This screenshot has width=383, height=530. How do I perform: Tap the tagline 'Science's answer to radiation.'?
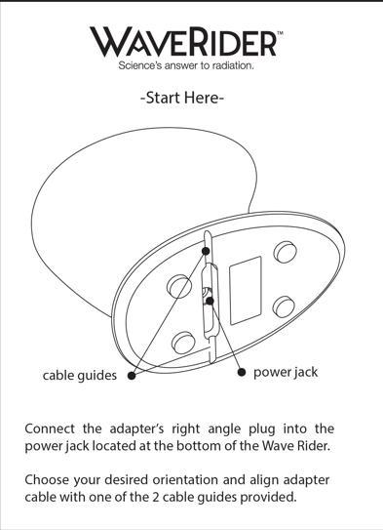(x=186, y=67)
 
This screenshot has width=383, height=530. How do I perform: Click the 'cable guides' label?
(x=79, y=375)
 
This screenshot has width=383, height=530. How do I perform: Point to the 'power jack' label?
(x=286, y=373)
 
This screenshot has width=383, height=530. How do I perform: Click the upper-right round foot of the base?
(x=285, y=252)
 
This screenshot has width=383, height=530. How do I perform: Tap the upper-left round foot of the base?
(x=180, y=286)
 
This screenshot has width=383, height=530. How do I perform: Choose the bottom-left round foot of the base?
(x=182, y=343)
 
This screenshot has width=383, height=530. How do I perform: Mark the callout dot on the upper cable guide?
(x=207, y=249)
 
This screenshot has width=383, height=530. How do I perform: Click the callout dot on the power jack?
(x=209, y=300)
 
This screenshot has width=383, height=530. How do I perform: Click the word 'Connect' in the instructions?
(x=54, y=429)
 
